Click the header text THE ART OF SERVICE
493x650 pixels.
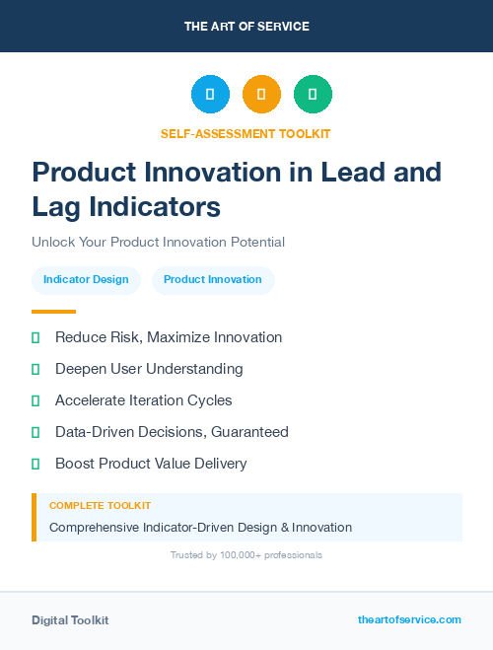point(246,27)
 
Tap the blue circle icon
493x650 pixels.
point(210,95)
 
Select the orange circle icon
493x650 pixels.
point(261,95)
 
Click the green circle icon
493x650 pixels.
point(313,95)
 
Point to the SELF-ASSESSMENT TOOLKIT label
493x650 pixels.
point(246,133)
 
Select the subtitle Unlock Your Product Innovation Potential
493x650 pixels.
point(158,242)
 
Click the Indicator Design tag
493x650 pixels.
point(86,279)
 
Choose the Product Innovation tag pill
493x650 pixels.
point(213,279)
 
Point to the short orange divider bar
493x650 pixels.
point(53,312)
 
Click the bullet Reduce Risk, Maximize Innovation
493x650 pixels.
point(168,337)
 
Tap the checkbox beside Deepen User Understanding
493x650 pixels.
point(35,369)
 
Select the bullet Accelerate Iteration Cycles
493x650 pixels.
point(144,400)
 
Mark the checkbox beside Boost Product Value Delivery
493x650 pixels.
point(35,464)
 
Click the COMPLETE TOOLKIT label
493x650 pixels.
point(100,505)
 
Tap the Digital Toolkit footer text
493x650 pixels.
point(70,620)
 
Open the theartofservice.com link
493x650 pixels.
point(409,619)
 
